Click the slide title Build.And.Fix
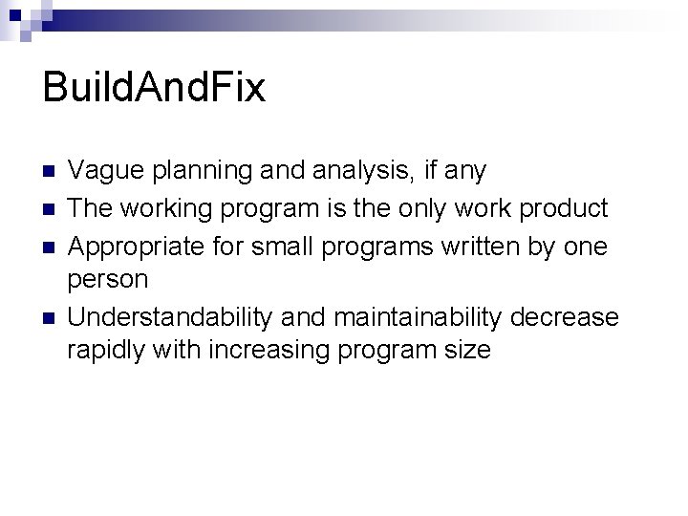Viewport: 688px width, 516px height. (154, 90)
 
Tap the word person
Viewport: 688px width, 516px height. (107, 280)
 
